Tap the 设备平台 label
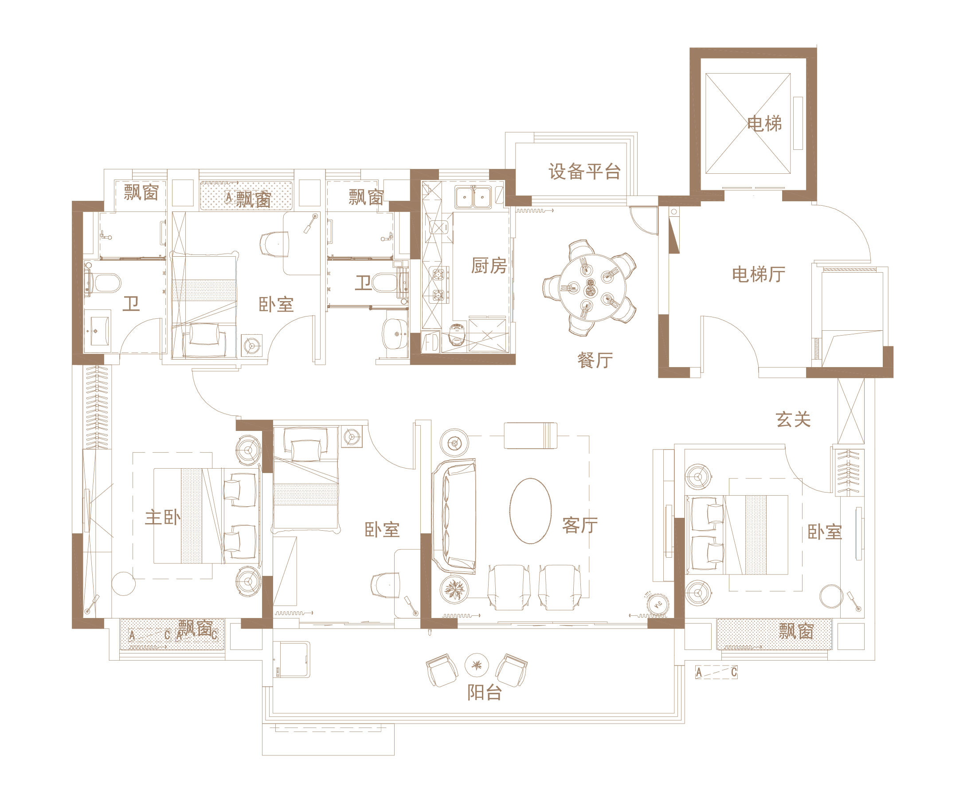tap(584, 172)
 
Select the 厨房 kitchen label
tap(489, 266)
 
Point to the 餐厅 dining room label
tap(595, 360)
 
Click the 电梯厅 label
tap(759, 274)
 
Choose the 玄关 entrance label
tap(793, 419)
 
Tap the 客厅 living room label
tap(580, 525)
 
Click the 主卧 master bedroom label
tap(163, 517)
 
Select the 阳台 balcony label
tap(485, 692)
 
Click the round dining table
tap(592, 288)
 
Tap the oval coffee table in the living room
tap(530, 511)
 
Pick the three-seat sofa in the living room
tap(454, 516)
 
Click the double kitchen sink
tap(473, 197)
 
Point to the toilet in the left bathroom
tap(103, 283)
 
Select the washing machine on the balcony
tap(291, 659)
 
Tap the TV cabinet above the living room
tap(530, 436)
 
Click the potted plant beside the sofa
tap(454, 590)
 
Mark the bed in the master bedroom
tap(207, 516)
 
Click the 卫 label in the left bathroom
tap(131, 304)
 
